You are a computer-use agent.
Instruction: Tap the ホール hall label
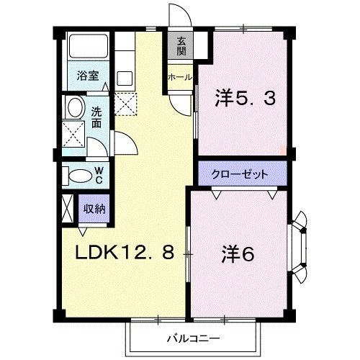click(179, 76)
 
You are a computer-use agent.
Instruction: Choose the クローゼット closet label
click(240, 174)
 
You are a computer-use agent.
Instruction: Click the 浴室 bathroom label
click(89, 76)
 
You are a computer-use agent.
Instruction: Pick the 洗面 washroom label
click(96, 117)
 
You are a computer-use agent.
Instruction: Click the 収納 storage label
click(94, 209)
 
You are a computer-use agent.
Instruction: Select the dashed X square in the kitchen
click(127, 104)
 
